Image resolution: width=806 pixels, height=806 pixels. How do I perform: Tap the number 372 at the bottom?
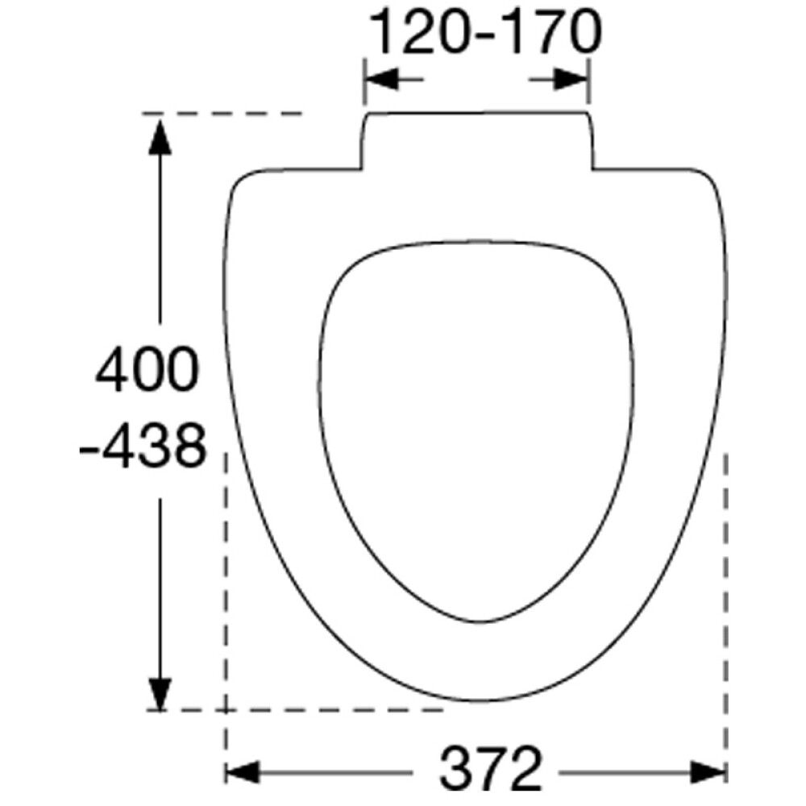coord(491,769)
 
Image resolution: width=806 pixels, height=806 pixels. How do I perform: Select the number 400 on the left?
coord(147,368)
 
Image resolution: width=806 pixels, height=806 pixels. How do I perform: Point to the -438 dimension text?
coord(143,445)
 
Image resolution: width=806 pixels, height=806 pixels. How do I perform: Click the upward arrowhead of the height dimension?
coord(160,136)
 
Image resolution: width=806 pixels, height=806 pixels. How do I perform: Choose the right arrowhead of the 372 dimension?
coord(708,772)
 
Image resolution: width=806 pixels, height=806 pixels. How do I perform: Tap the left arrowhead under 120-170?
coord(381,79)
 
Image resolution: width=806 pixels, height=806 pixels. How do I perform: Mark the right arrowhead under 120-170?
coord(571,79)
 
